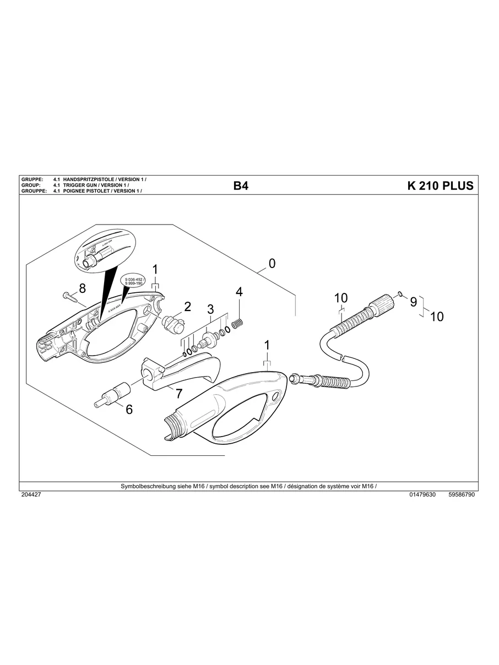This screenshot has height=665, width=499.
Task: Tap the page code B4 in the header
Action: tap(241, 186)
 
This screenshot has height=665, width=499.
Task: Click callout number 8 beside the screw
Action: tap(83, 288)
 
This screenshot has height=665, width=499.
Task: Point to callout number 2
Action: tap(187, 306)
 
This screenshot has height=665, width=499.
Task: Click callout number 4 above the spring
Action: tap(239, 292)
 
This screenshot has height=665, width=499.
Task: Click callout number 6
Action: tap(129, 409)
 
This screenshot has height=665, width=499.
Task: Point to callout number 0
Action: tap(272, 263)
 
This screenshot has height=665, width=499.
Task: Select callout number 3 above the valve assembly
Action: tap(210, 309)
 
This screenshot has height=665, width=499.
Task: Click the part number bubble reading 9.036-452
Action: tap(134, 281)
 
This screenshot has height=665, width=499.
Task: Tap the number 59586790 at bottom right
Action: tap(462, 495)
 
